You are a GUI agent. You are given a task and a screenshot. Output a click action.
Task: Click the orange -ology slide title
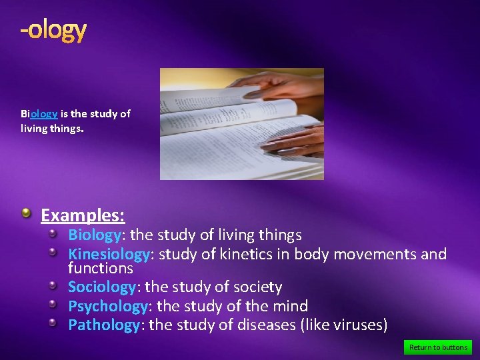(x=53, y=30)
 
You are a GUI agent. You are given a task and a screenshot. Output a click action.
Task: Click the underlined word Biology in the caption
(x=39, y=113)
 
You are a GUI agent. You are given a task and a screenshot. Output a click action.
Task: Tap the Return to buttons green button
(x=438, y=347)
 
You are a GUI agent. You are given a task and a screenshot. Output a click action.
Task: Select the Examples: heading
(x=83, y=215)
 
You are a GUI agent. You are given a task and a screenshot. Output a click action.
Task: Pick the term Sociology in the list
(x=102, y=287)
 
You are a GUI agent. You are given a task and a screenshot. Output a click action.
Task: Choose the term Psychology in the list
(x=108, y=306)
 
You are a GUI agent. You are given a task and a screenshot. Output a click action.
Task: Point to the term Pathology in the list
(x=104, y=325)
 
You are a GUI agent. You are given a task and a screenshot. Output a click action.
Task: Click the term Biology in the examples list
(x=95, y=235)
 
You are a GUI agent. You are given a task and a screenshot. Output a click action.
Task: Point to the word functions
(x=100, y=269)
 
